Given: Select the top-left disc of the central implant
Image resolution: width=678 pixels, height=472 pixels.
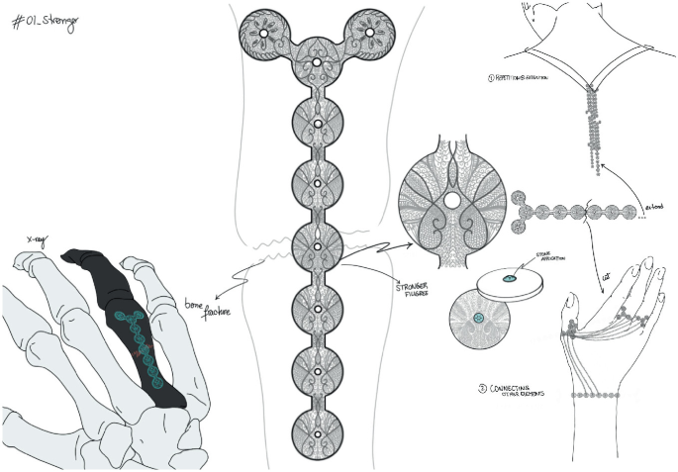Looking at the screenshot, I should tap(264, 33).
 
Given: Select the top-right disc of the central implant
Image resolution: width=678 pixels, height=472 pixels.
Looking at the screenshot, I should tap(370, 33).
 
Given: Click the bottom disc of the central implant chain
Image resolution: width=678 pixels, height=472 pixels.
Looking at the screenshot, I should tap(317, 433).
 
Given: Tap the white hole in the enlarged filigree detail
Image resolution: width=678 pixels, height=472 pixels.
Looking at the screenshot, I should tap(450, 201).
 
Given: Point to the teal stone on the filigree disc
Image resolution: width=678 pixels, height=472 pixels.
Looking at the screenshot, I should tap(476, 318).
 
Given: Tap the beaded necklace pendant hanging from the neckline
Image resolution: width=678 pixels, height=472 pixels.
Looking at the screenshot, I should tap(597, 129).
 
